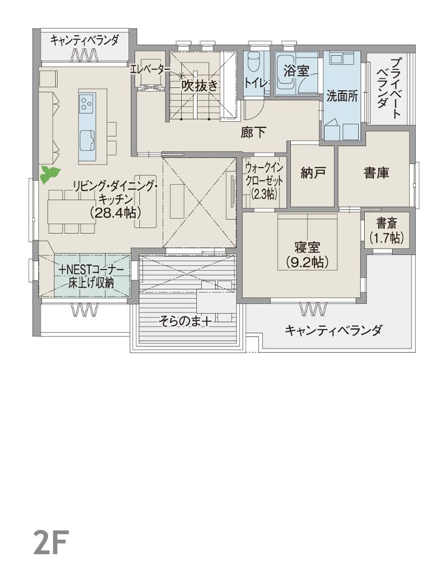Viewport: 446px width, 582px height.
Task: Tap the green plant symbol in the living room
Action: (50, 175)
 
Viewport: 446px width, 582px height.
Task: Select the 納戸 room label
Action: (313, 172)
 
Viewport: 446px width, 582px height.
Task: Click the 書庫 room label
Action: (376, 172)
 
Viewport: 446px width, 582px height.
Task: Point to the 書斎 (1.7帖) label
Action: (386, 230)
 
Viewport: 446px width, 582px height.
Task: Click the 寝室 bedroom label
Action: (307, 247)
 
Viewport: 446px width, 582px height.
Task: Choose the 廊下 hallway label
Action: (253, 132)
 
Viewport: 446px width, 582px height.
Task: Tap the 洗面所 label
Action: (342, 96)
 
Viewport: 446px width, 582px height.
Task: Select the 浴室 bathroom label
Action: (296, 70)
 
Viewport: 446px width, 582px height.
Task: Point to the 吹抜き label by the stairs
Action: (199, 85)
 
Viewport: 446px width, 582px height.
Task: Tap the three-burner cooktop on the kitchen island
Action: (87, 104)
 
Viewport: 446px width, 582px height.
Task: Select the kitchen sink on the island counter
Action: (87, 140)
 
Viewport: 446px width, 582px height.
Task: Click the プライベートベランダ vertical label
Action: (389, 88)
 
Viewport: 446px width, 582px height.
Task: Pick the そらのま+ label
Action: (185, 321)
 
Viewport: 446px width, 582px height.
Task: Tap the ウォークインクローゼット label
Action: (264, 181)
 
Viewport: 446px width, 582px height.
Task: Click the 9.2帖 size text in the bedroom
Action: (307, 262)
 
